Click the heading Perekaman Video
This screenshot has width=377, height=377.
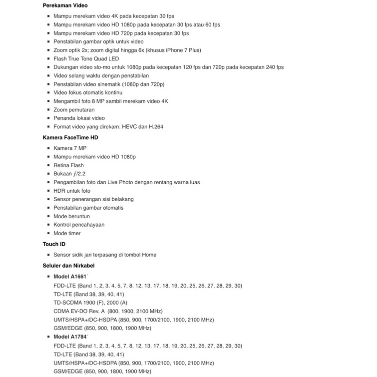coord(65,5)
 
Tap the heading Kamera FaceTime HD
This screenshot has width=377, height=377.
coord(70,137)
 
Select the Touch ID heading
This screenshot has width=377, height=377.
coord(54,244)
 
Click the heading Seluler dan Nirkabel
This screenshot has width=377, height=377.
coord(68,266)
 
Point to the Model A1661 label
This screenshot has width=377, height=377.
coord(70,277)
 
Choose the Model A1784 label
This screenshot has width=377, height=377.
coord(70,337)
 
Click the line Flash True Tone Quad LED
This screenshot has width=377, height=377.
coord(86,58)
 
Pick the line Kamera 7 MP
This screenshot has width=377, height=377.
coord(70,148)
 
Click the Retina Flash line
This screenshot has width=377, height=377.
coord(68,165)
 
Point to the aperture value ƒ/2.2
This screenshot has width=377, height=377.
coord(78,173)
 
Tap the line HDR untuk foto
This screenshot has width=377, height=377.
coord(72,190)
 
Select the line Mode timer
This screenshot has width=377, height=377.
coord(67,233)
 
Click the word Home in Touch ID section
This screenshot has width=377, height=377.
coord(149,255)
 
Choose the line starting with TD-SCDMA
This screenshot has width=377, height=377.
coord(90,302)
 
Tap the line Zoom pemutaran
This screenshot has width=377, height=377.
coord(74,109)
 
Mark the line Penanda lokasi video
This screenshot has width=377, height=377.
coord(79,118)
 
